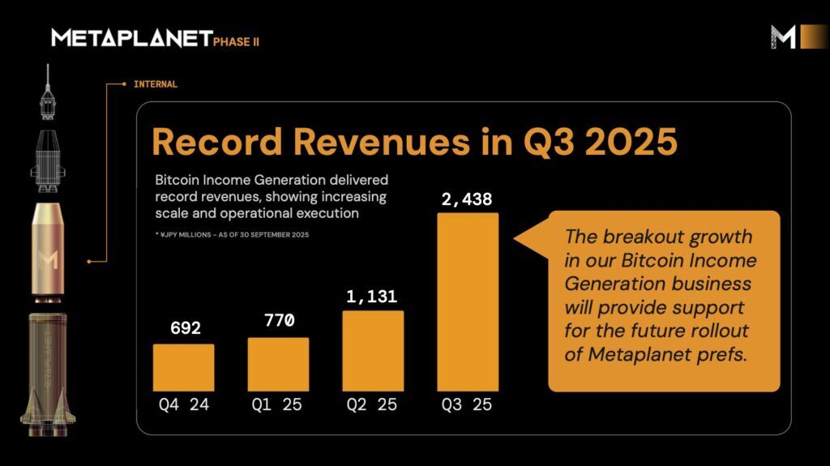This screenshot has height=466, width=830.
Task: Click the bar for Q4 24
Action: [x=184, y=368]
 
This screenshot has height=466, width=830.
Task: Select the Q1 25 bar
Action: [x=278, y=365]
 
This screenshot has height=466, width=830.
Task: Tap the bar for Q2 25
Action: [x=373, y=351]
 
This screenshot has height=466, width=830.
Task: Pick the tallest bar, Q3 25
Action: [x=468, y=302]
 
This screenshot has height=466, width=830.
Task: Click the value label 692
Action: [x=185, y=328]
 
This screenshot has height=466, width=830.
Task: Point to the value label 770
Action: [x=279, y=321]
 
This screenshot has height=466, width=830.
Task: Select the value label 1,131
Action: [x=373, y=296]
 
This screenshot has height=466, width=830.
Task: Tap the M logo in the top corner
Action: [x=784, y=36]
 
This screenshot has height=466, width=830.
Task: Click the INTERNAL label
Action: [x=155, y=83]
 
